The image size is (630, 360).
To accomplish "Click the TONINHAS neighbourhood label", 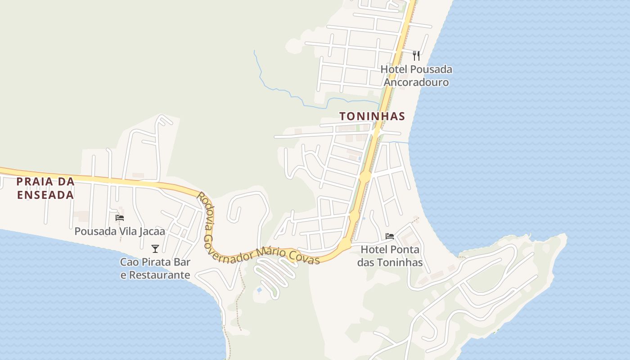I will pos(372,116).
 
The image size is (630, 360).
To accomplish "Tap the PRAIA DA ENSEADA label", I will pos(45,188).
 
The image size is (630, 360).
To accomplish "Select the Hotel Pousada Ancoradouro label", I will pos(416,76).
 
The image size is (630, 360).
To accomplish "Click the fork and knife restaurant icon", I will pos(416,56).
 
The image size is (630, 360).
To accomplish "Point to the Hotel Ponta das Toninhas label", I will pos(390,256).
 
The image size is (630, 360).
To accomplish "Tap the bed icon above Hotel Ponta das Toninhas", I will pos(390,236).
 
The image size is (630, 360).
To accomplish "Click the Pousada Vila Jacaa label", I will pos(120,231).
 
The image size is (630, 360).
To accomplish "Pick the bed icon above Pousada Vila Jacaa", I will pos(120,218).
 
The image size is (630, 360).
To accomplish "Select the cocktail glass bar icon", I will pos(155,248).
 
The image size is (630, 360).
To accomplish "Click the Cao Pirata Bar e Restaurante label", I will pos(155,268).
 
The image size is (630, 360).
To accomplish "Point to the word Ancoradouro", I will pos(416,82).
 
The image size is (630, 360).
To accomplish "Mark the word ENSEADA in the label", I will pos(45,195).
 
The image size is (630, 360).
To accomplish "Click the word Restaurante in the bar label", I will pos(155,275).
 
